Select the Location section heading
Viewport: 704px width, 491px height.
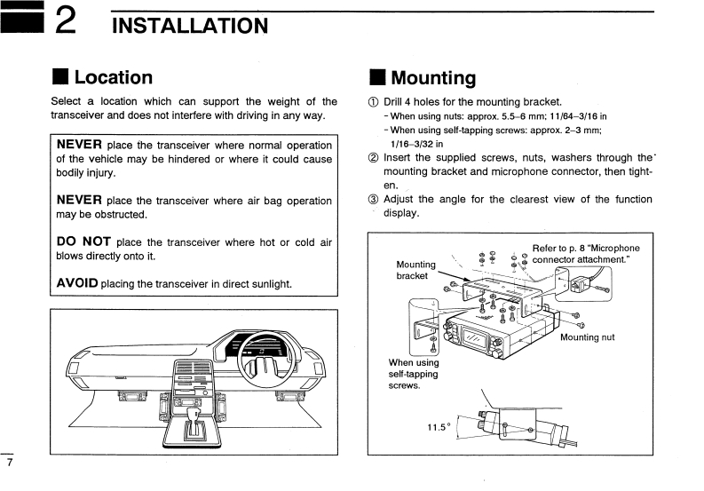click(113, 78)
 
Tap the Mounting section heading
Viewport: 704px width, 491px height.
click(433, 78)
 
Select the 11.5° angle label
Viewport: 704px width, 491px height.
click(439, 427)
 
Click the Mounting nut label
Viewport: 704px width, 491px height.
click(587, 337)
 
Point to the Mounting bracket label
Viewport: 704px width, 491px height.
click(415, 270)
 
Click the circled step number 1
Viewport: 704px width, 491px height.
click(373, 102)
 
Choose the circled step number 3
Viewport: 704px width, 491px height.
click(373, 200)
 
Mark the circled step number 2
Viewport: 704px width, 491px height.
click(373, 158)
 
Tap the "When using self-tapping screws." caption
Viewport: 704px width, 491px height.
click(413, 374)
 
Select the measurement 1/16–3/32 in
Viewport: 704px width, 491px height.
click(416, 143)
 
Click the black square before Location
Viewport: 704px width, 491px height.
click(59, 79)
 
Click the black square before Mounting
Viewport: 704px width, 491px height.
click(376, 79)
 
